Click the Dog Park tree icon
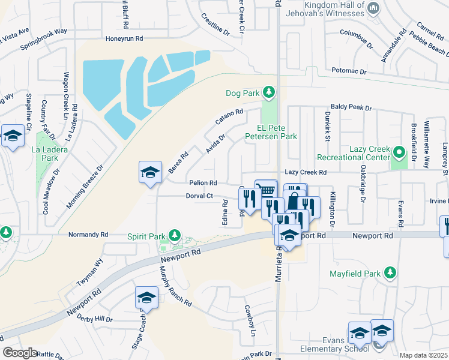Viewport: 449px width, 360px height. click(x=270, y=92)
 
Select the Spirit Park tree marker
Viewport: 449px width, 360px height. click(x=174, y=235)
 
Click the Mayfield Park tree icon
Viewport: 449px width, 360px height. click(x=390, y=274)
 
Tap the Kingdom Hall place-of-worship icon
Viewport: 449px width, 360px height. click(x=373, y=8)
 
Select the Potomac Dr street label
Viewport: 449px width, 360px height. click(x=349, y=71)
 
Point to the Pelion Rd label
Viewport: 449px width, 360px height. click(x=203, y=182)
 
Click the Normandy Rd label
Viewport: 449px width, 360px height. click(x=88, y=235)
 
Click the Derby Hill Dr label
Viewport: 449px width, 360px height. click(x=95, y=317)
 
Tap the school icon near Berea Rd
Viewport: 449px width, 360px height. click(x=149, y=173)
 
